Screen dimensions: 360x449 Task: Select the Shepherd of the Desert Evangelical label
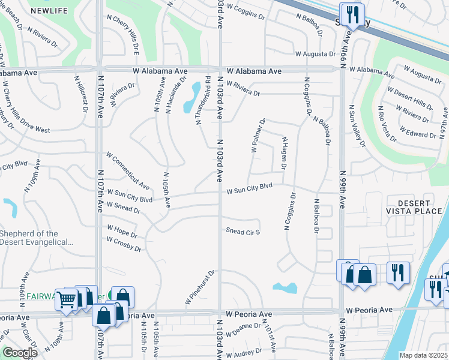click(x=37, y=238)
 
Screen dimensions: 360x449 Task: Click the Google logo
click(x=20, y=353)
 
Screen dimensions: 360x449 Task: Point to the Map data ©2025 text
click(x=423, y=355)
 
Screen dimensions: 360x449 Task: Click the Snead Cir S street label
click(x=243, y=231)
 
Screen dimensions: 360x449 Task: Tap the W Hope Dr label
click(x=122, y=231)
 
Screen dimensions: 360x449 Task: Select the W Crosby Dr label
click(x=124, y=244)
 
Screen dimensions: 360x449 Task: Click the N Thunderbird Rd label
click(x=203, y=100)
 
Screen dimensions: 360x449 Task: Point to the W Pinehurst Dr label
click(x=200, y=287)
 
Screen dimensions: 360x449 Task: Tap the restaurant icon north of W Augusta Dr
click(x=351, y=14)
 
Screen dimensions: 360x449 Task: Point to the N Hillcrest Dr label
click(x=80, y=94)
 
